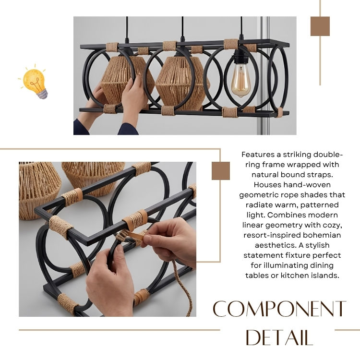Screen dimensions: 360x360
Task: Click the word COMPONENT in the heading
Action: (279, 309)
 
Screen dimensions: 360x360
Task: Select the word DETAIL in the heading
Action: (279, 337)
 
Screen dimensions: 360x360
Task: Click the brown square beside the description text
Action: (221, 171)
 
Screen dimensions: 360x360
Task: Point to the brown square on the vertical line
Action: (320, 26)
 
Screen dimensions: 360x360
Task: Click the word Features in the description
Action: (258, 155)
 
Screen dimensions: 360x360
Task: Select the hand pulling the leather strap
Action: (170, 241)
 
